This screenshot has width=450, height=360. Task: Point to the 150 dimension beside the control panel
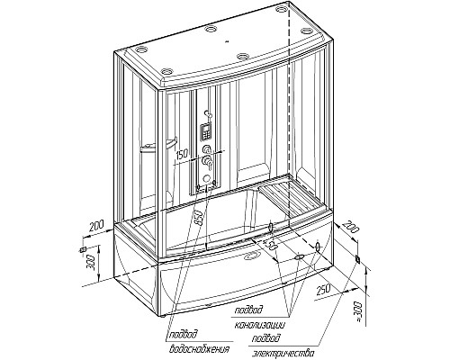coord(182,154)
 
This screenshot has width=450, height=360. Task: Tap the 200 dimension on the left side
coord(96,226)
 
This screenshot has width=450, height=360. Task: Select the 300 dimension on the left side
coord(93,263)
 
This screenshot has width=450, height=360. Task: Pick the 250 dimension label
coord(322,290)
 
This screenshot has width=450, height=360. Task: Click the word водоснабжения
coord(199,349)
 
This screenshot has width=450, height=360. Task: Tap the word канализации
coord(259,325)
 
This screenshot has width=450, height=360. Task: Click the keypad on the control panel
coord(206,131)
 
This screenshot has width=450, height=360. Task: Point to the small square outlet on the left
coord(82,249)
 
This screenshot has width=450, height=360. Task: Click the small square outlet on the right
coord(357,259)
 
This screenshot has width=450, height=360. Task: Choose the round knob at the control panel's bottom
coord(206,179)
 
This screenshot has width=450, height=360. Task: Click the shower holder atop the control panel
coord(208,113)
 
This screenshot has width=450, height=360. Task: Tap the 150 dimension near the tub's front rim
coord(270,244)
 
